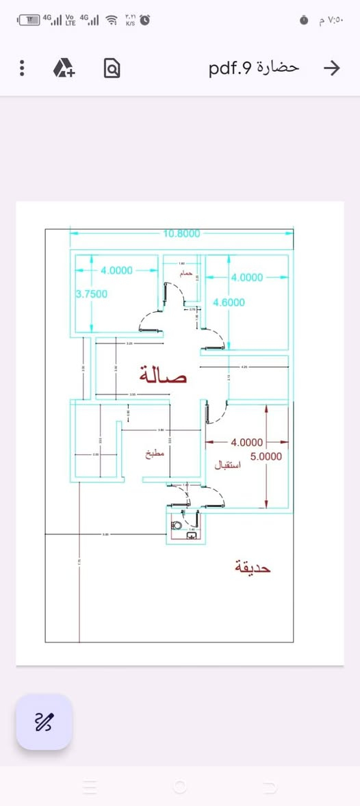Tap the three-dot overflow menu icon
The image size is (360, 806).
pos(22,68)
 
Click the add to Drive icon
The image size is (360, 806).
pos(65,68)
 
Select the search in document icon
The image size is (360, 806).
pos(112,68)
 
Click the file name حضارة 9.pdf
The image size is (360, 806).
pos(255,68)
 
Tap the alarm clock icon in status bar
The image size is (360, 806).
pos(145,20)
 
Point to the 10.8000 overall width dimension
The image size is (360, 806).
pos(182,233)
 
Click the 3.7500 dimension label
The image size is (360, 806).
pos(91,294)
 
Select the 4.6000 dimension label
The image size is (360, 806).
pos(229,302)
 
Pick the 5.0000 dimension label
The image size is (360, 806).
pos(266,456)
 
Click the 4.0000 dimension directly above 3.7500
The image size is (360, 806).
pos(116,270)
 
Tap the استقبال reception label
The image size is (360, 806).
pos(228,464)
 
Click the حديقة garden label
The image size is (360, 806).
pos(253,567)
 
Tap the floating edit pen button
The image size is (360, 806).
pos(44,721)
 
